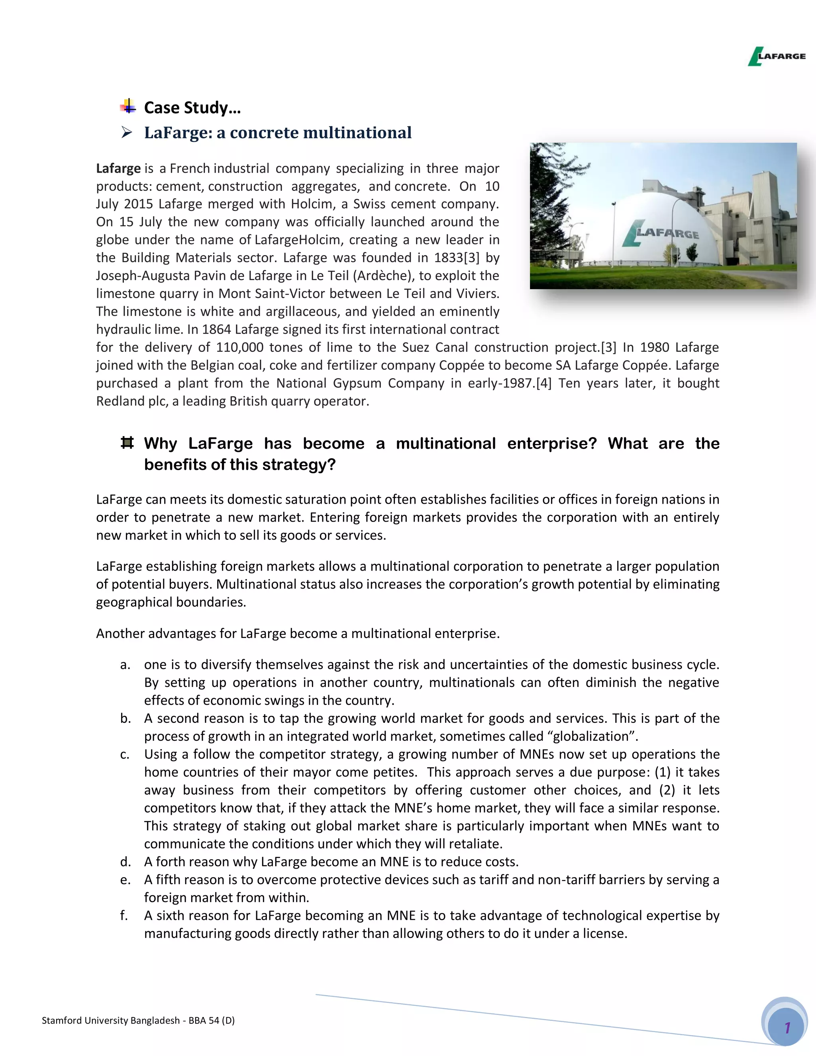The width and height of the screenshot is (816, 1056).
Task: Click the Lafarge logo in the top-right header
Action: point(777,56)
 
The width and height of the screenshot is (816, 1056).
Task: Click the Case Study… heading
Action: point(192,107)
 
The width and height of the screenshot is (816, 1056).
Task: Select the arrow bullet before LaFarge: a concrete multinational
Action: point(127,132)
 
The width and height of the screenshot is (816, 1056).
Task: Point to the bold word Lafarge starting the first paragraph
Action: point(118,168)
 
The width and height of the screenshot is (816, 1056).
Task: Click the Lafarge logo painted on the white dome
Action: point(661,233)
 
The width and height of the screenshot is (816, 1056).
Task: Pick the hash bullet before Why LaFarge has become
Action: point(127,442)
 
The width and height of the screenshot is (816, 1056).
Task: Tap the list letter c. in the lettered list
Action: point(125,754)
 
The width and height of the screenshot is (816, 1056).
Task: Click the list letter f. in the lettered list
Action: point(124,915)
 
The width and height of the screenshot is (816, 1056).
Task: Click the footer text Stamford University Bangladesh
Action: point(111,1021)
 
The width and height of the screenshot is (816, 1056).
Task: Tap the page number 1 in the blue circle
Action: point(787,1027)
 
